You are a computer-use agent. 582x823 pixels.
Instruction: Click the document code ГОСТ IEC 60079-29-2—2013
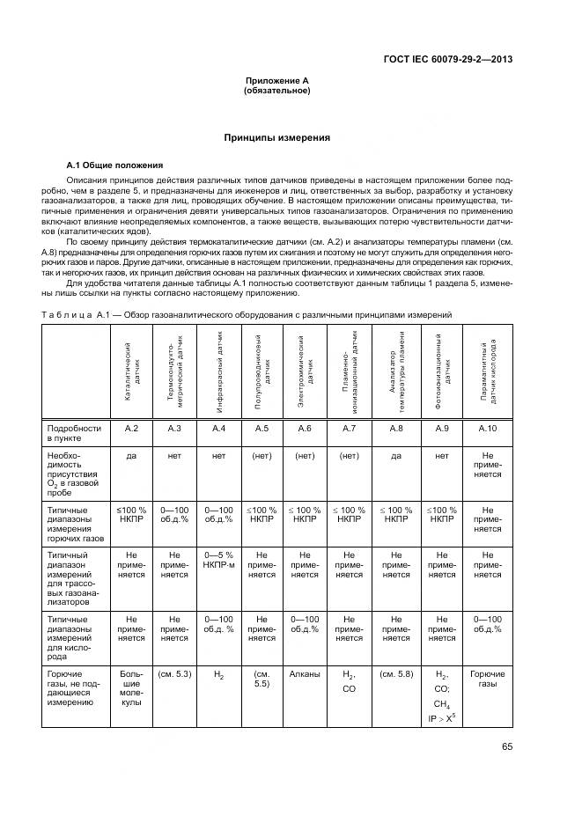coord(448,60)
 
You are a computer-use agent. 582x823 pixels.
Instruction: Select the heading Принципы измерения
coord(276,137)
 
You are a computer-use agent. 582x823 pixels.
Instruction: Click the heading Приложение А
coord(276,81)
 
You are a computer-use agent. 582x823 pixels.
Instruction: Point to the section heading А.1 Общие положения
coord(114,165)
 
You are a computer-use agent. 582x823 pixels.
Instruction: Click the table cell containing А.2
coord(131,428)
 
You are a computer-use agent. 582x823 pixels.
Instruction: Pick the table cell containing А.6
coord(305,428)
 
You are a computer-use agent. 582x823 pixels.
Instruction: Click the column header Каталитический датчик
coord(131,371)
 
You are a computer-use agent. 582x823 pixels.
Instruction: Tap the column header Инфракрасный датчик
coord(218,371)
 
